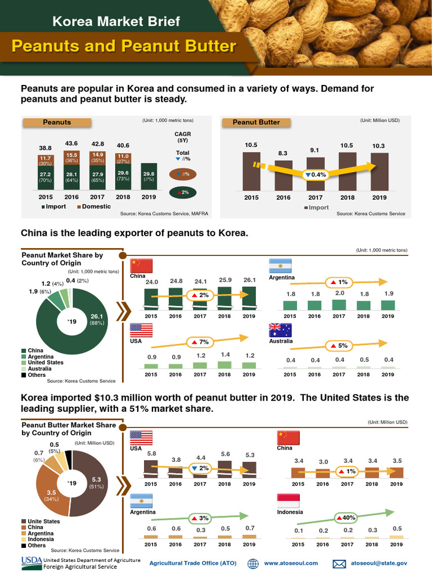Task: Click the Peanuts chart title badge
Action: point(57,122)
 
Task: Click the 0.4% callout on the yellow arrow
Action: point(315,174)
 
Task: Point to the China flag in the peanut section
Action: point(141,265)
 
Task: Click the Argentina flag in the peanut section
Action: point(281,265)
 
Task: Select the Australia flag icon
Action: point(281,330)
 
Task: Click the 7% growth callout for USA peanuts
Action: point(200,341)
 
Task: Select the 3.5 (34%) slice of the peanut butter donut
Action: point(51,495)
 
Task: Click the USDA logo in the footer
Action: point(31,562)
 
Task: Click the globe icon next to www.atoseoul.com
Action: point(253,563)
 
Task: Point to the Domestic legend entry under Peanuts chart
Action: point(94,206)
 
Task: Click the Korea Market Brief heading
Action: point(116,21)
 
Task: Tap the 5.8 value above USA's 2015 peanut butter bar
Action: point(151,453)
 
